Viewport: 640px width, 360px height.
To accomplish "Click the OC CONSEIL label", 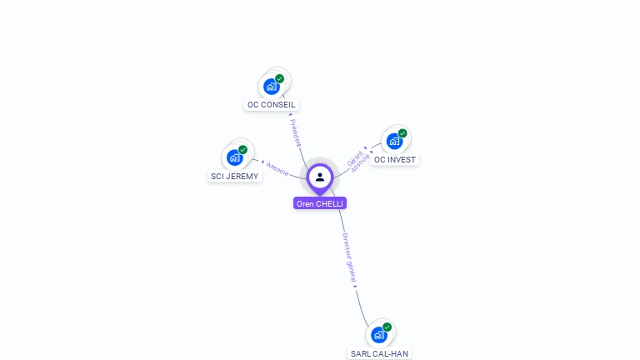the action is coord(272,105).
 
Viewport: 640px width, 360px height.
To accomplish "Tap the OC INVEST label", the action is coord(395,159).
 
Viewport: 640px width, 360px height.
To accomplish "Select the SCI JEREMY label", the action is coord(234,177).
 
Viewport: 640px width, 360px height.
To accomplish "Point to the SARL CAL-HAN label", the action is coord(379,353).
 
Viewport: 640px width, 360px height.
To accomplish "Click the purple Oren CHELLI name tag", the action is coord(320,203).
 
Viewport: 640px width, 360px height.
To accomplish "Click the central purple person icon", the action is coord(320,177).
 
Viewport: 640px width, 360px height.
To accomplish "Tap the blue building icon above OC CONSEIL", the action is coord(271,86).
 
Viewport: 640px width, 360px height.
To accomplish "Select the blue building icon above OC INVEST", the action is coord(394,140).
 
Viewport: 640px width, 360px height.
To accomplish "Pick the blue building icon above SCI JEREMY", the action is coord(234,157).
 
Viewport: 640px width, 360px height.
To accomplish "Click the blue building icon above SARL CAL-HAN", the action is coord(379,334).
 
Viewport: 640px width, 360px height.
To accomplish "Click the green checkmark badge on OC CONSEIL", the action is coord(280,78).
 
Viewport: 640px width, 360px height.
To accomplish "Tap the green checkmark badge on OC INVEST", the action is coord(402,133).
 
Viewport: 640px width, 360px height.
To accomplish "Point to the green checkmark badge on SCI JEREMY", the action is coord(243,150).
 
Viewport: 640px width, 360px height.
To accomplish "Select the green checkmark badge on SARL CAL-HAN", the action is coord(387,327).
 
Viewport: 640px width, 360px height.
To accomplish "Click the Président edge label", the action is coord(295,132).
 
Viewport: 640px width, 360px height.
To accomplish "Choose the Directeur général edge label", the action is coord(350,259).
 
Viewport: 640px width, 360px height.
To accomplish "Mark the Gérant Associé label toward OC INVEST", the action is coord(357,160).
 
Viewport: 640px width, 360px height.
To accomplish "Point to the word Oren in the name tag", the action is coord(305,203).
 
